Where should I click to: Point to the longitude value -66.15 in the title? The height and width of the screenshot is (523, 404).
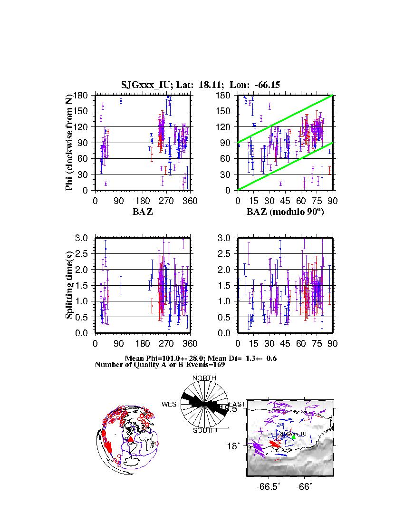point(267,85)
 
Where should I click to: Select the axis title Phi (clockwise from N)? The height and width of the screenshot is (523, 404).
point(70,143)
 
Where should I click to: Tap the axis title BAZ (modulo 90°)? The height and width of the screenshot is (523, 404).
point(285,212)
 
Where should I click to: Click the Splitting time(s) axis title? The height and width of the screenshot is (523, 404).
point(70,285)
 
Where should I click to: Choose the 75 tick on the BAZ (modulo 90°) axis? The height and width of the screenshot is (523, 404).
point(317,201)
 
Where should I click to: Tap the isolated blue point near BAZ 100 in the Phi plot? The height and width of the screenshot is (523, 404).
point(121,101)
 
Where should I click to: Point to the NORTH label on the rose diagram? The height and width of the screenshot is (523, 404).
point(204,378)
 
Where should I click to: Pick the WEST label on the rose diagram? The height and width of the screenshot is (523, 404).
point(171,404)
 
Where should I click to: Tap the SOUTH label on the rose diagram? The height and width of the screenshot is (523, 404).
point(204,430)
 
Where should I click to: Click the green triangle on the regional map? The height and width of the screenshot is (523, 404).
point(293,437)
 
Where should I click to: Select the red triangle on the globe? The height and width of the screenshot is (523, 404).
point(130,439)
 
